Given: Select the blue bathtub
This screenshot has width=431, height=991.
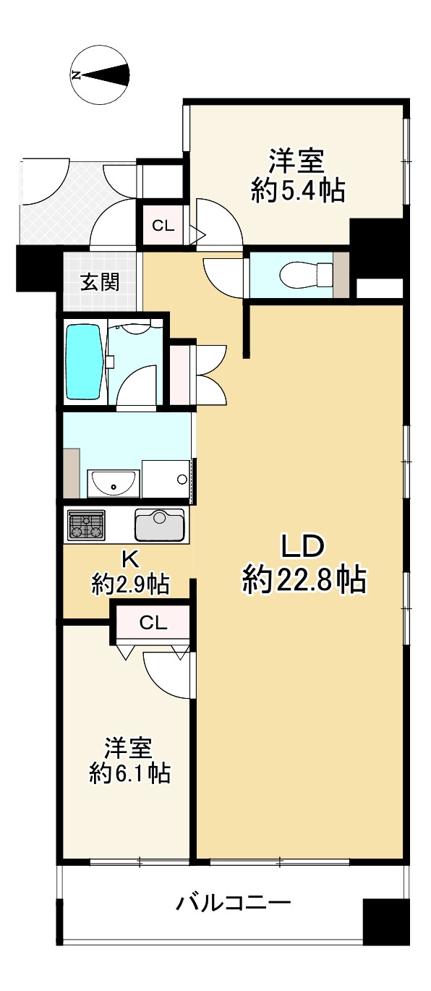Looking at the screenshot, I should [x=84, y=361].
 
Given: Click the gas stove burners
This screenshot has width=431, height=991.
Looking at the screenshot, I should [x=86, y=525].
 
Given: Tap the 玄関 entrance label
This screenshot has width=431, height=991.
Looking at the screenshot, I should [x=99, y=283].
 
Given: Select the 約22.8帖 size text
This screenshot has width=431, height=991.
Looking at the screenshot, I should [x=304, y=579].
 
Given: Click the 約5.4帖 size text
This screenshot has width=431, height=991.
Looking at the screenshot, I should [x=297, y=190].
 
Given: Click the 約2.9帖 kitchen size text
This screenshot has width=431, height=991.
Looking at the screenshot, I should [x=130, y=583].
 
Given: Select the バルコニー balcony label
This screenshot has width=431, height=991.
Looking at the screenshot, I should [x=234, y=903].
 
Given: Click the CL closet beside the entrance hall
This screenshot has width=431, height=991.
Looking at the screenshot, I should [x=163, y=226].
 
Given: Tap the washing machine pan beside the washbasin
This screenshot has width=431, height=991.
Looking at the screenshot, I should [x=165, y=478].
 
